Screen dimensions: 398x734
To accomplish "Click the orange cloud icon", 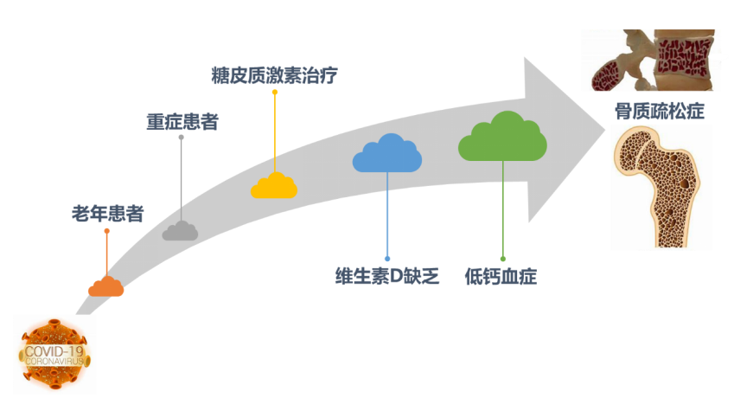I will coord(106,286).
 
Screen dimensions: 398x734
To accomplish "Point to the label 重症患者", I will coord(182,121).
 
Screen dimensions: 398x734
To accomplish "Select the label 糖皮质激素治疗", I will coord(274,75).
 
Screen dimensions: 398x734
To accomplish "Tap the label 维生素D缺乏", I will coord(388,276).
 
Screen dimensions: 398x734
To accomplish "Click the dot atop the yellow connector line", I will coord(274,91).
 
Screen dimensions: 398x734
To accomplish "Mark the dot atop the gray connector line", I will coord(181,137).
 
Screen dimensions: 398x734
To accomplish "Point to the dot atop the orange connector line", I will coord(106,230).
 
